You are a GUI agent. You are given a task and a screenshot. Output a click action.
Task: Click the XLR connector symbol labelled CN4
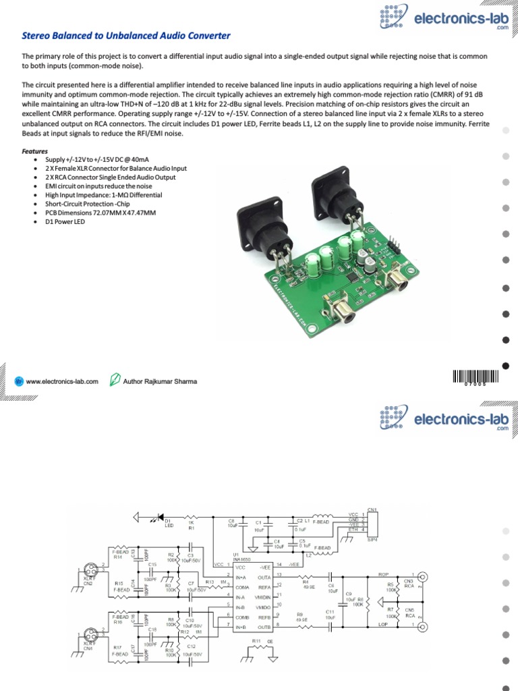89,635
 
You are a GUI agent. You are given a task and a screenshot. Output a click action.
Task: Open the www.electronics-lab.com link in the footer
62,381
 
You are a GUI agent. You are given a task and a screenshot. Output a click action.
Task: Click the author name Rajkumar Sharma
160,381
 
